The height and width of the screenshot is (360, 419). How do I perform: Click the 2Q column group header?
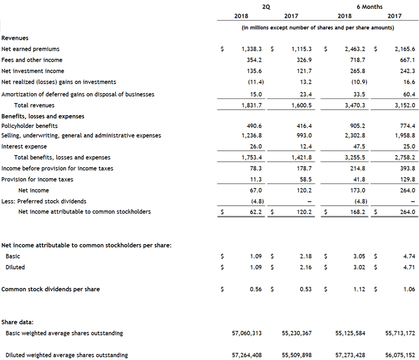pyautogui.click(x=266, y=6)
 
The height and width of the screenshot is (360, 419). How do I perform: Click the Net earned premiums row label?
pyautogui.click(x=30, y=49)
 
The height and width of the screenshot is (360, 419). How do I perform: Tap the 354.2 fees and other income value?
pyautogui.click(x=255, y=60)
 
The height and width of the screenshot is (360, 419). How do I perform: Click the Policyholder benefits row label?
pyautogui.click(x=30, y=126)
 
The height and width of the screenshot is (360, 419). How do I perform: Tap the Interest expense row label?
pyautogui.click(x=24, y=146)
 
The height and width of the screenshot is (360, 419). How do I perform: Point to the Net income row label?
pyautogui.click(x=34, y=191)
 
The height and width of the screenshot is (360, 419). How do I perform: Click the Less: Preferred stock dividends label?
pyautogui.click(x=44, y=201)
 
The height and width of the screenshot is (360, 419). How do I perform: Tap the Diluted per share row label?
pyautogui.click(x=15, y=267)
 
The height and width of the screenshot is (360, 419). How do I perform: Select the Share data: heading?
pyautogui.click(x=17, y=322)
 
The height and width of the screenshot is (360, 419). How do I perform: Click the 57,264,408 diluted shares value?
pyautogui.click(x=246, y=355)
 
